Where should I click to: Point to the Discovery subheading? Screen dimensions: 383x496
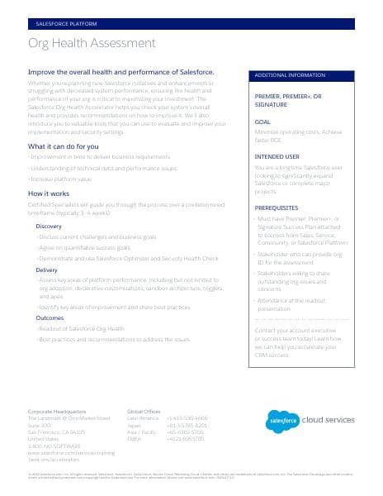coord(49,226)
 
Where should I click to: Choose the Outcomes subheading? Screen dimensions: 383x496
coord(50,317)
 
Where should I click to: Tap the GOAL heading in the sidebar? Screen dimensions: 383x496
coord(262,122)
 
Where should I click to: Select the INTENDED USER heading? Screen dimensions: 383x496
coord(277,156)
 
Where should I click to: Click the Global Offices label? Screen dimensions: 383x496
coord(144,411)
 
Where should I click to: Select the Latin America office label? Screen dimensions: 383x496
coord(143,418)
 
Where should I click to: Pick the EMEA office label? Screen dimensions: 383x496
coord(135,438)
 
